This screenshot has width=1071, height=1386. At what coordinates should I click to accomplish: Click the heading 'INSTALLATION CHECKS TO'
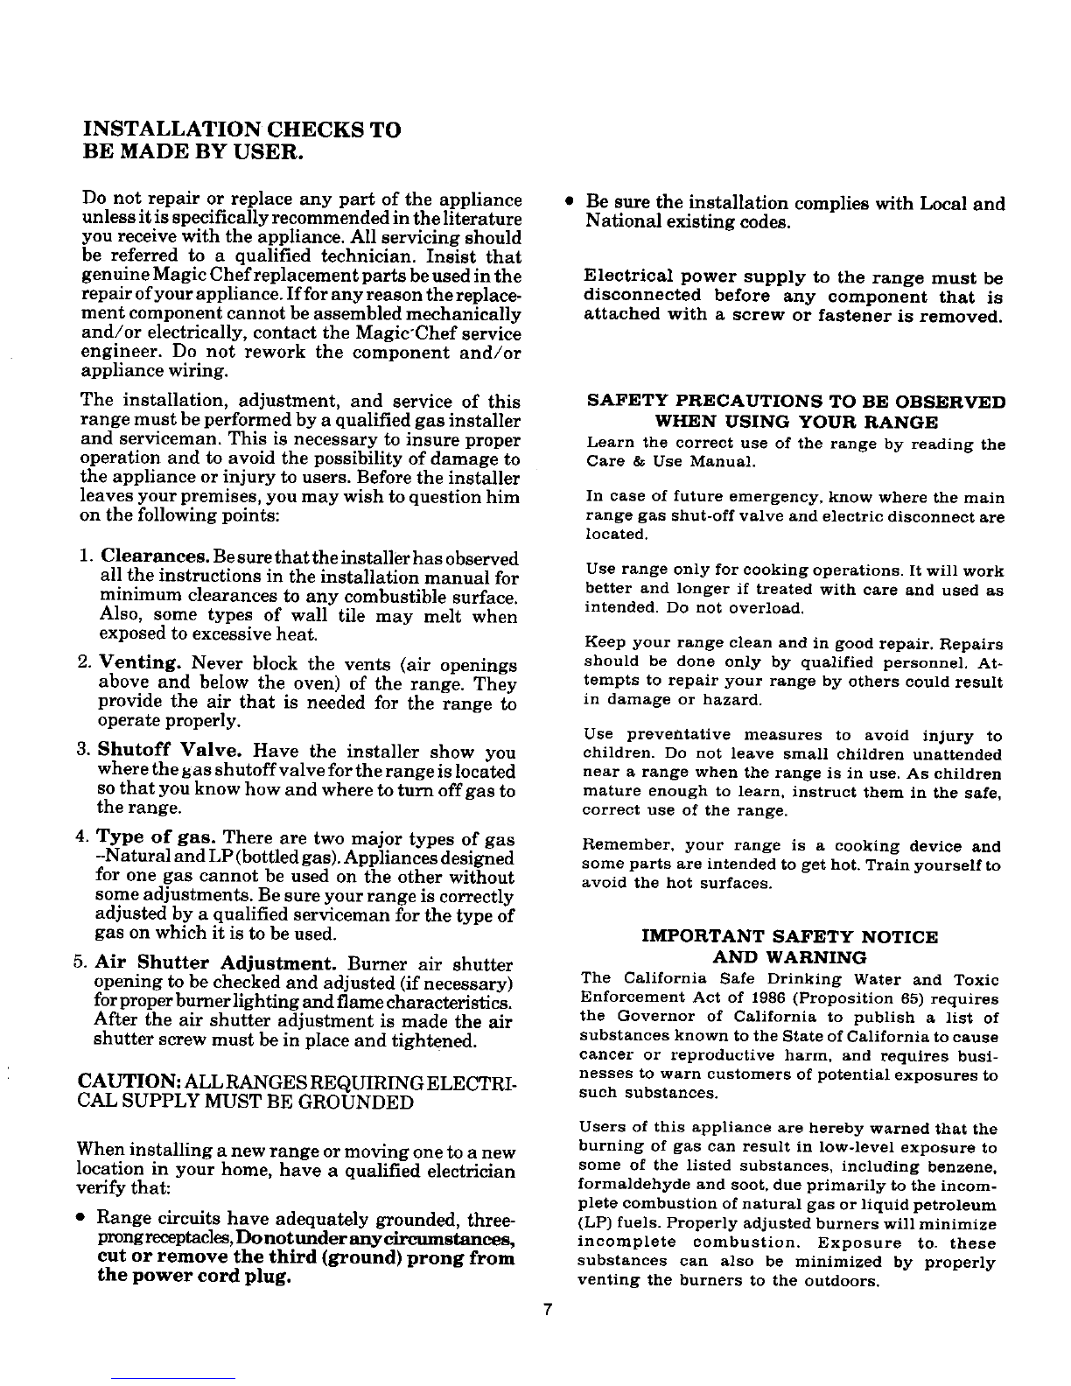coord(241,130)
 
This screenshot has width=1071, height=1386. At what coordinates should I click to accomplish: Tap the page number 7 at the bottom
coord(546,1310)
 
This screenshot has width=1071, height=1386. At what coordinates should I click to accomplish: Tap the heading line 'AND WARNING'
coord(790,956)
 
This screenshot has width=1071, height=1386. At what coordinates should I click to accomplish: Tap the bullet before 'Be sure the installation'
coord(569,202)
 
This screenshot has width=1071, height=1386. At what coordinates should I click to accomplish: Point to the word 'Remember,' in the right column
coord(619,847)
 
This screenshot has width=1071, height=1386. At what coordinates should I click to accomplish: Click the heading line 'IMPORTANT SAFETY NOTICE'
coord(789,937)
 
